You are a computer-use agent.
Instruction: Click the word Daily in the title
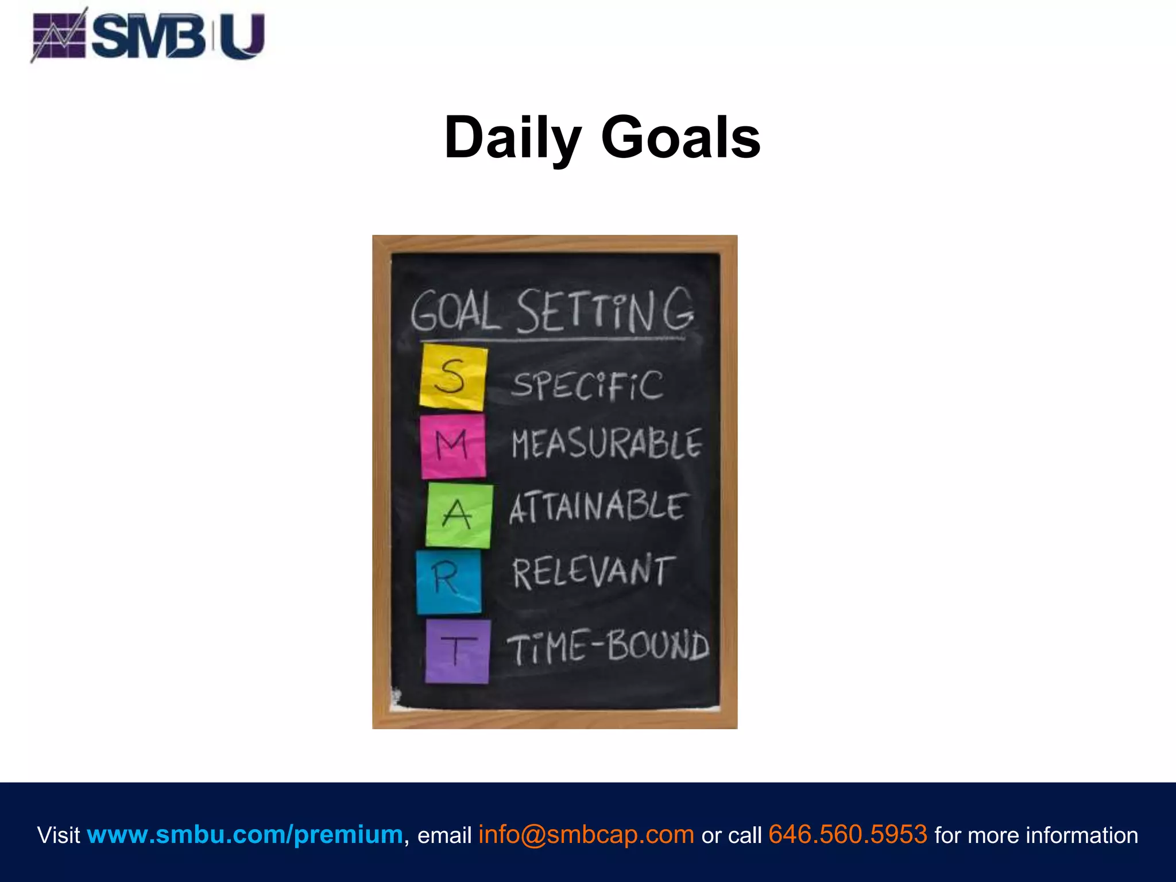click(513, 138)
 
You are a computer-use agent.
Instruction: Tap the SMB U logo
click(148, 36)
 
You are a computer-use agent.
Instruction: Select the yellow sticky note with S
click(453, 377)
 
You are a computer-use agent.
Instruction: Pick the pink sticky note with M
click(452, 446)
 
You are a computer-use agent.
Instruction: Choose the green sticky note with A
click(458, 515)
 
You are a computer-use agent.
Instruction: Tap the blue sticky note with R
click(448, 581)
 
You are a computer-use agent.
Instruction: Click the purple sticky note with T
click(457, 651)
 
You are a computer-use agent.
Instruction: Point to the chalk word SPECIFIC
click(587, 385)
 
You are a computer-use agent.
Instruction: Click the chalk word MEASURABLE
click(606, 444)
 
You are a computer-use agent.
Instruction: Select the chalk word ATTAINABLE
click(597, 508)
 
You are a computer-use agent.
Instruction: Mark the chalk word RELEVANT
click(591, 572)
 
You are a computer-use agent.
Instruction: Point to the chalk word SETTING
click(604, 311)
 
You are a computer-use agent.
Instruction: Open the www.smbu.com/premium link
click(245, 834)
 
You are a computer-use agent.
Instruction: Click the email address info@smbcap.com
click(586, 834)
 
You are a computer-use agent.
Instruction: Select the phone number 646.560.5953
click(848, 834)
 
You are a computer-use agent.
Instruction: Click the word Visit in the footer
click(59, 835)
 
